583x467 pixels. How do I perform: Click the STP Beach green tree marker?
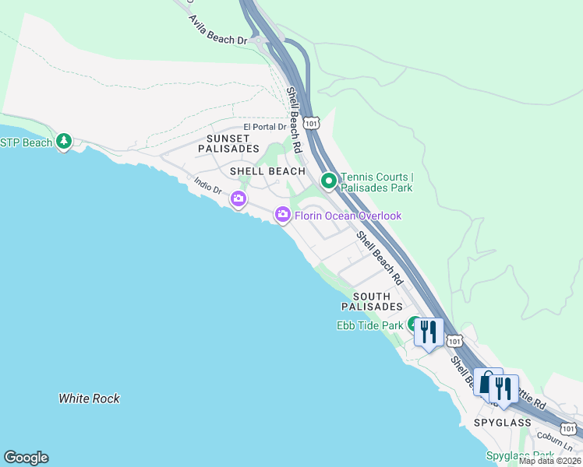point(64,142)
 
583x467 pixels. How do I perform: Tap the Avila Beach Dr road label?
point(217,29)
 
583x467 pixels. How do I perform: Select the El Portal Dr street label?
point(265,127)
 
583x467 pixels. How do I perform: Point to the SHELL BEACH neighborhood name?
point(267,170)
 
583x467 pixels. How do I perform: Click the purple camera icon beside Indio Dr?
point(238,200)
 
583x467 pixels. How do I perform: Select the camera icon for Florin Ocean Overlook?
point(283,214)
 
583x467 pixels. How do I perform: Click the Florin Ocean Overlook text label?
point(348,215)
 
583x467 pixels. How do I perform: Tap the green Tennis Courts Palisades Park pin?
point(329,181)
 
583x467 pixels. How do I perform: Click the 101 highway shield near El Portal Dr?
point(311,123)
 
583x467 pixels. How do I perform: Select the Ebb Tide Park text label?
point(369,325)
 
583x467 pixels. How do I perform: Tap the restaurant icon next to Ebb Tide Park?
point(428,332)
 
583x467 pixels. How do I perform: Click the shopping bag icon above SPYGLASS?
point(488,383)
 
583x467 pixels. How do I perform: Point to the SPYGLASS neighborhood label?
point(502,422)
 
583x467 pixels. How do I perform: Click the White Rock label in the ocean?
point(90,399)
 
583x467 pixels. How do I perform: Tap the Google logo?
point(26,458)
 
